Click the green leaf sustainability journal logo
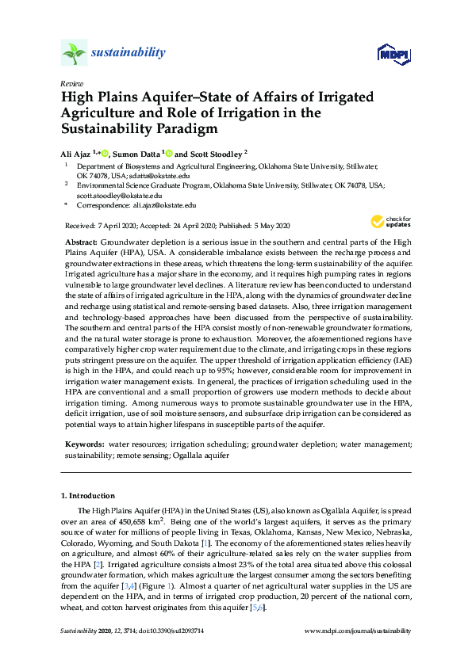coord(74,53)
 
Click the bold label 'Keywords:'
coord(83,446)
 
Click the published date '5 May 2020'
coord(271,226)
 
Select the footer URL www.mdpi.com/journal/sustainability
coord(359,631)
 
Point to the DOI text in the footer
coord(171,631)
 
